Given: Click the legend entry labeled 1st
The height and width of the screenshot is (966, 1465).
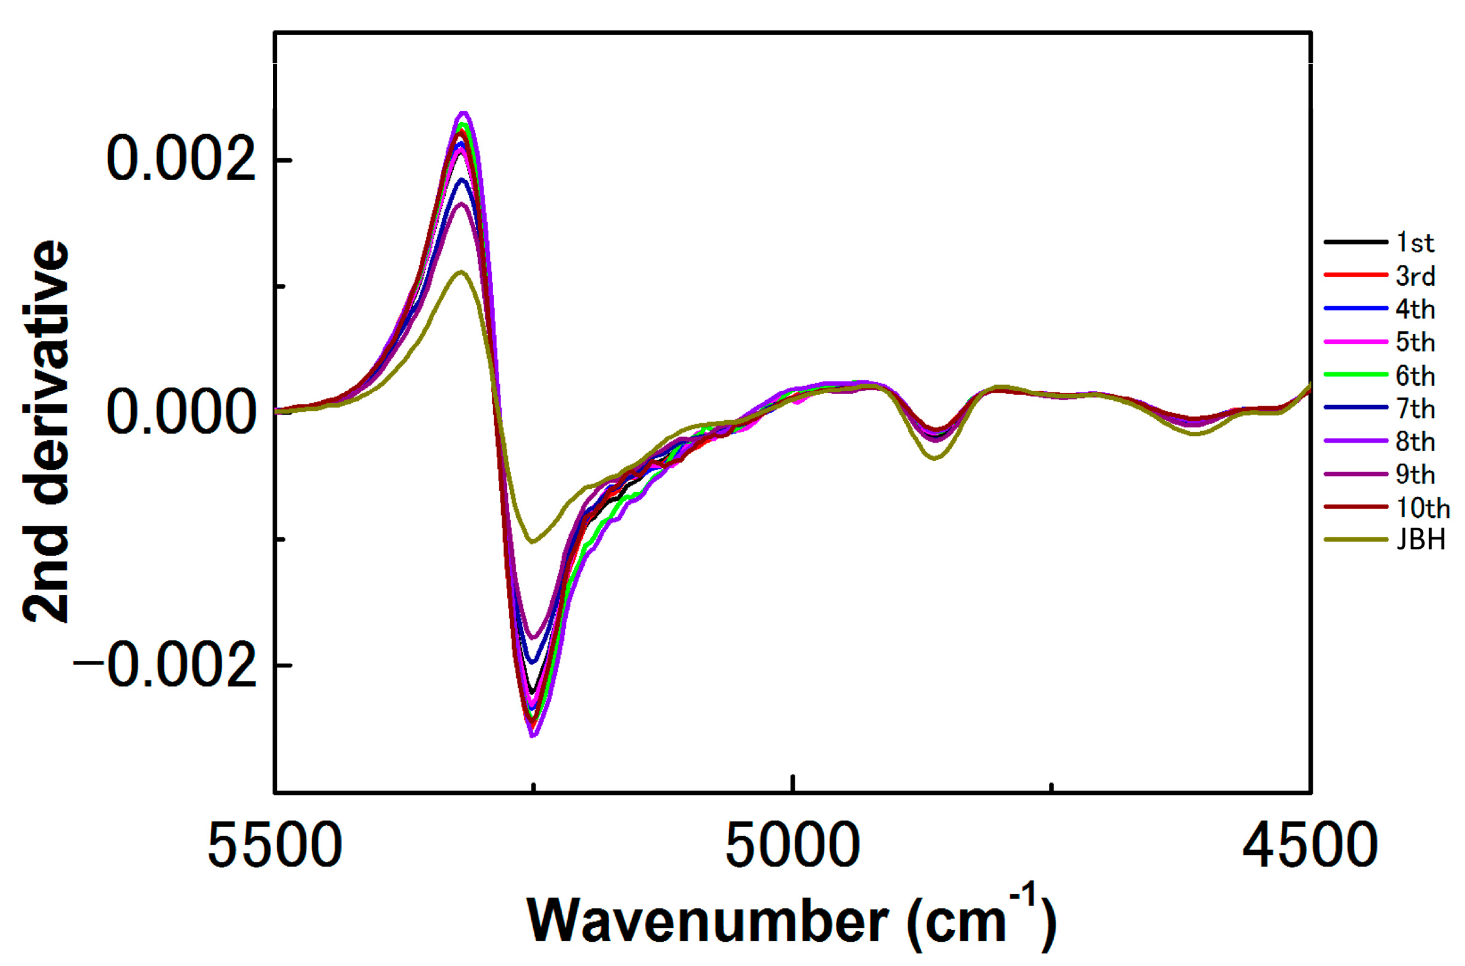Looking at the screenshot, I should [1415, 243].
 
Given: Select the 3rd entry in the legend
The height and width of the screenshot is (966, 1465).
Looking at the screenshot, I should [1415, 276].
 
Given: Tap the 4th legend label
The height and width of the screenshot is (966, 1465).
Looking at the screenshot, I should [1415, 309].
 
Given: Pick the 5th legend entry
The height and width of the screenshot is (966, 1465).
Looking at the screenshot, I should [1415, 342].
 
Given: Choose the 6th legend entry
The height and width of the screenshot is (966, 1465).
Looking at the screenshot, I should [1415, 376].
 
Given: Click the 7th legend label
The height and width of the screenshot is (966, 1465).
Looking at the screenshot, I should [1415, 409].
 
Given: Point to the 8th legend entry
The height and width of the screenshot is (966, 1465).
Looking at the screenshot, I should [1415, 441].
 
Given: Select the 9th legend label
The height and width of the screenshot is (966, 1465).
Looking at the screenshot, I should [1415, 474].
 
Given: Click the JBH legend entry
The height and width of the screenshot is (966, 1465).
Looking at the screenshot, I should [1420, 540].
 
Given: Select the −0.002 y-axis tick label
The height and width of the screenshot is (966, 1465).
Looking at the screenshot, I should [164, 666].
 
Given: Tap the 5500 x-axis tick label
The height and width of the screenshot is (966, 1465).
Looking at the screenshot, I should [275, 847].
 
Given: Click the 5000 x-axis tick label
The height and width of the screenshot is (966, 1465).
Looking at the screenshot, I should [793, 847].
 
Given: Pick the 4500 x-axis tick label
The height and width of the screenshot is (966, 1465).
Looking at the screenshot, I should [1310, 847].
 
